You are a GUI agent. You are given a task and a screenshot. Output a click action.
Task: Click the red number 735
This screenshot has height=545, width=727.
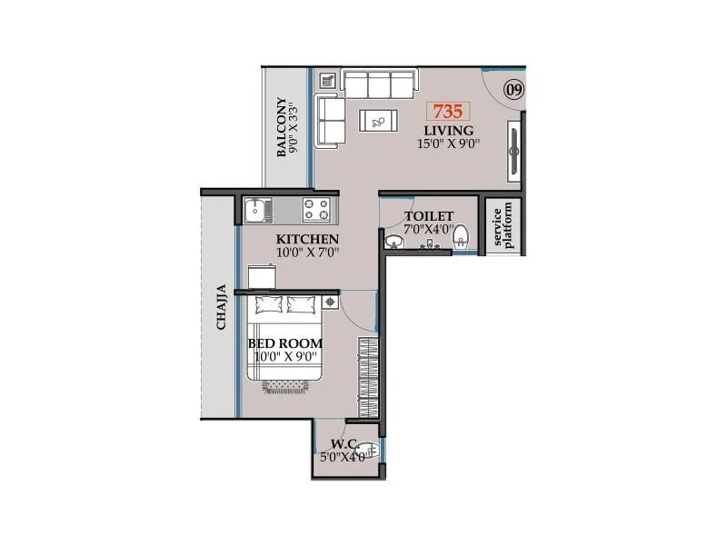tap(448, 113)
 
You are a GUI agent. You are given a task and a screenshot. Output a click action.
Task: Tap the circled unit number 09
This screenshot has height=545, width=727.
tap(513, 89)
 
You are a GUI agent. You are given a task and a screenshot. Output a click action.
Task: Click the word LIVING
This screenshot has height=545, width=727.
tap(447, 131)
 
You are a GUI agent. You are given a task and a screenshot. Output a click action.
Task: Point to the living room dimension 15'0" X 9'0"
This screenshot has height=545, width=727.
tap(448, 144)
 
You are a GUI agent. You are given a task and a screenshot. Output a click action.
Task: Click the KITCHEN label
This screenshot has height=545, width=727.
tap(308, 239)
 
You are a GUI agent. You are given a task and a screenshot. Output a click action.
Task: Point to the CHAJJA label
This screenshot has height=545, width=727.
tap(220, 310)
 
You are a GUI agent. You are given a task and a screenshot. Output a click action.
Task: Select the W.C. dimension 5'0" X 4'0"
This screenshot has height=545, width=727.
tap(343, 458)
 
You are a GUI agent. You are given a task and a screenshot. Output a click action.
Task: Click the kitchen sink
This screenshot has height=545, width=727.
tap(256, 210)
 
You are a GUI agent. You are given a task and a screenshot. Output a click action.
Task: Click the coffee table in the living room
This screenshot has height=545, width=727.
tap(376, 120)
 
